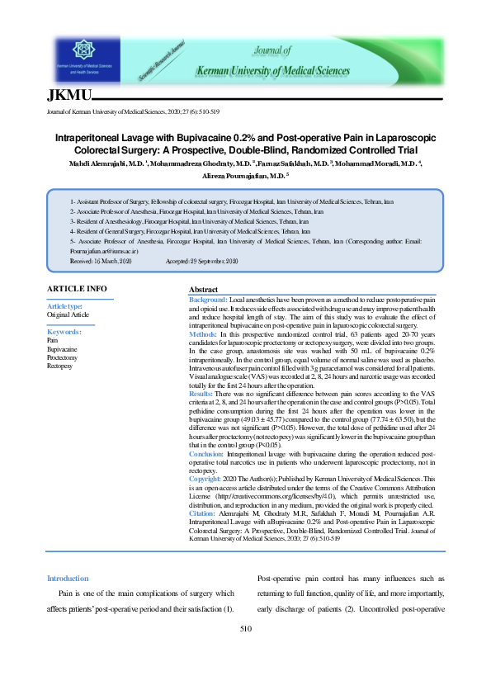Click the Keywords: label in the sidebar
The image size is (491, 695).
tap(64, 332)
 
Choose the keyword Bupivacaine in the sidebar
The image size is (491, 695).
tap(62, 348)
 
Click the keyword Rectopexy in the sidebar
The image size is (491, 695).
tap(59, 365)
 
